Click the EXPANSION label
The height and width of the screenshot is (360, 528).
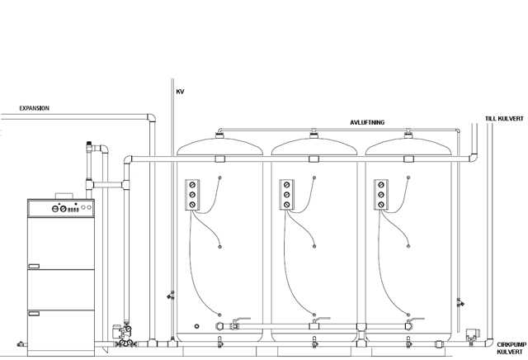tap(35, 108)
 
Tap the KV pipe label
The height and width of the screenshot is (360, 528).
tap(180, 92)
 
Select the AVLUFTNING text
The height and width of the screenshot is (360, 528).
tap(367, 122)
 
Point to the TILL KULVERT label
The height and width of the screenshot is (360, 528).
tap(504, 119)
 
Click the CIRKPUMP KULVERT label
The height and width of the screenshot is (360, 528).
tap(511, 348)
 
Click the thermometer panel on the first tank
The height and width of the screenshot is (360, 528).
tap(192, 195)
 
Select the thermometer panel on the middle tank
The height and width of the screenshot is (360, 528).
tap(286, 195)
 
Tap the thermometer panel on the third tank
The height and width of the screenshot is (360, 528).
tap(381, 195)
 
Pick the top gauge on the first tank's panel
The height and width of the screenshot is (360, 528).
tap(192, 185)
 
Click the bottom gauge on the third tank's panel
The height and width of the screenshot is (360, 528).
tap(381, 205)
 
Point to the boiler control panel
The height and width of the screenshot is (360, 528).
tap(61, 208)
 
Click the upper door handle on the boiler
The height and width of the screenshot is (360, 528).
tap(34, 267)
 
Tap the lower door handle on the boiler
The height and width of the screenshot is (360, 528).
tap(34, 314)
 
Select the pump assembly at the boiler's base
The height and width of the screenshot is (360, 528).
tap(123, 335)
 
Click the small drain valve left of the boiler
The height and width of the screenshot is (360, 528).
tap(22, 344)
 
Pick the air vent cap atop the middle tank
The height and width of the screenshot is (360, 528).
tap(313, 135)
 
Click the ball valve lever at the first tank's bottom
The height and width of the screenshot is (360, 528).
tap(242, 319)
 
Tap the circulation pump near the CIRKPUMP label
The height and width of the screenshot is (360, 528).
tap(471, 336)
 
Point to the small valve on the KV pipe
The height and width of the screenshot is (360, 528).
tap(171, 296)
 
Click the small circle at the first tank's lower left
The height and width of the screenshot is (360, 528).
tap(196, 326)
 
